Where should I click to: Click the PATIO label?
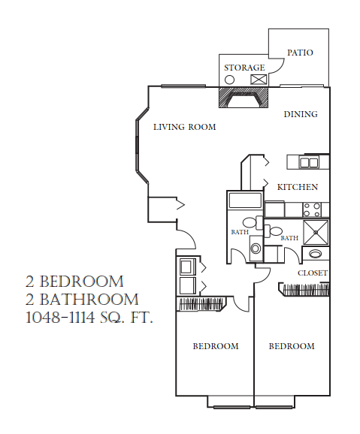(x=300, y=53)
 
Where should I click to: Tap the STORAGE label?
(x=244, y=68)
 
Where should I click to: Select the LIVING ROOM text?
(x=184, y=127)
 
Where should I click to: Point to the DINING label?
(x=301, y=114)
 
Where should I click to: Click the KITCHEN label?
(x=297, y=187)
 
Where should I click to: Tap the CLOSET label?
(x=312, y=273)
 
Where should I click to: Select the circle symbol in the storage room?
(x=229, y=79)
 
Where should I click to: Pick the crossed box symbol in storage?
(x=259, y=79)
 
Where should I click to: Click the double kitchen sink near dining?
(x=308, y=161)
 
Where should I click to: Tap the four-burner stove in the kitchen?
(x=312, y=209)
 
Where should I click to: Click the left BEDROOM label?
(x=216, y=346)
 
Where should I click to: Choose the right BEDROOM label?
(x=292, y=346)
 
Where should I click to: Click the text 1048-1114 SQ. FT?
(x=89, y=318)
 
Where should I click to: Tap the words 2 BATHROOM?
(x=82, y=300)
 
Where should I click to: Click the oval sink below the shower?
(x=313, y=255)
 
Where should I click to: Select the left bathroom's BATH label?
(x=240, y=232)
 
